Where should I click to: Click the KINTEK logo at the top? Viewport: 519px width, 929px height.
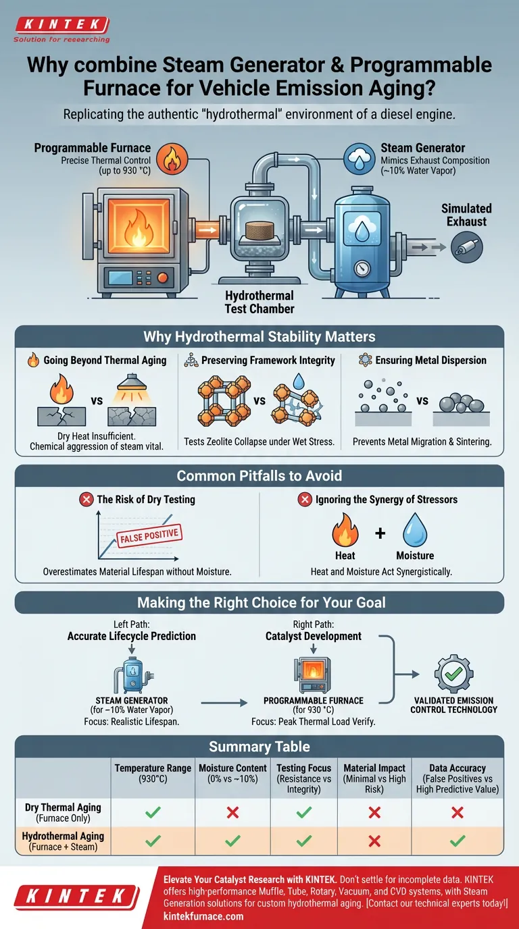(x=61, y=26)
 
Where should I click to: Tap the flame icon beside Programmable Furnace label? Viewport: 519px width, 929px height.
(x=169, y=161)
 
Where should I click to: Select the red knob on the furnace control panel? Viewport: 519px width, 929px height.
(x=162, y=277)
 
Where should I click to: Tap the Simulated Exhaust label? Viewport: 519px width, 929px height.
(x=466, y=215)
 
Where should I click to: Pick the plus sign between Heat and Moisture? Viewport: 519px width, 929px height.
(x=380, y=533)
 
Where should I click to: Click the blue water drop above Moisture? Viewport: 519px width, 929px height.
(x=415, y=529)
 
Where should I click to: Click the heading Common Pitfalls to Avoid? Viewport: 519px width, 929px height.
(x=259, y=476)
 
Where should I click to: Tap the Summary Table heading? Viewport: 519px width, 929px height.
(x=259, y=746)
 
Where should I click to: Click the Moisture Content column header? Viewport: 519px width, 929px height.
(x=232, y=774)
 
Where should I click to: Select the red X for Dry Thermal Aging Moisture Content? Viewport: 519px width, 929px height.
(x=232, y=812)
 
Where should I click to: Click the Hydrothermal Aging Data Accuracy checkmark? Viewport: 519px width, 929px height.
(x=458, y=841)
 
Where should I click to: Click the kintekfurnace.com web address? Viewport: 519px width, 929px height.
(x=203, y=916)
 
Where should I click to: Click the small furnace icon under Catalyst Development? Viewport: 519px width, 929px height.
(x=312, y=672)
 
